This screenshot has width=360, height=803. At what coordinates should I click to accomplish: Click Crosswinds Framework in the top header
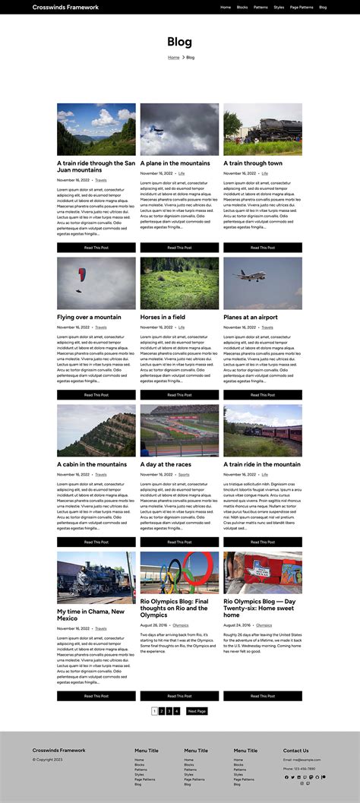tap(65, 7)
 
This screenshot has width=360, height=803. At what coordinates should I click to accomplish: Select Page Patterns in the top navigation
tap(302, 7)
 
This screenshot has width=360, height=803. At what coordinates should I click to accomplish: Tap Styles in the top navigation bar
tap(279, 7)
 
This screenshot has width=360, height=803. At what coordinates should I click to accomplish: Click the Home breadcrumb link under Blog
tap(174, 57)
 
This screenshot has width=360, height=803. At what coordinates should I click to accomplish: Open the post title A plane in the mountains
tap(175, 163)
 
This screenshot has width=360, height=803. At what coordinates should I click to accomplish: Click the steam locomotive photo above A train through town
tap(262, 129)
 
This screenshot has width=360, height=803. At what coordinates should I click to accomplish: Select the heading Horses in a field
tap(163, 317)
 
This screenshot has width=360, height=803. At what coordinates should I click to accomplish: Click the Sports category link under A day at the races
tap(184, 475)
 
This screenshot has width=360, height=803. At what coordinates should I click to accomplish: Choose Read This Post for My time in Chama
tap(96, 696)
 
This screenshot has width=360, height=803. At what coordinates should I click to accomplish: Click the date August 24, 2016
tap(238, 625)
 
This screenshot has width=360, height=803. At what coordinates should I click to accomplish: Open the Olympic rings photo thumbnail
tap(179, 572)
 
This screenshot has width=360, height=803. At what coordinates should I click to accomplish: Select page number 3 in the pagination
tap(169, 711)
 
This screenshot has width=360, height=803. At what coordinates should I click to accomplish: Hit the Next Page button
tap(197, 711)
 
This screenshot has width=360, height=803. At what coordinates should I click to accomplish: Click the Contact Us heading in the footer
tap(295, 751)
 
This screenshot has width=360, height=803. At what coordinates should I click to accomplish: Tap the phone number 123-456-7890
tap(303, 768)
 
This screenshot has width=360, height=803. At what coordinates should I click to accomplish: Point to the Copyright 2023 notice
tap(47, 759)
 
